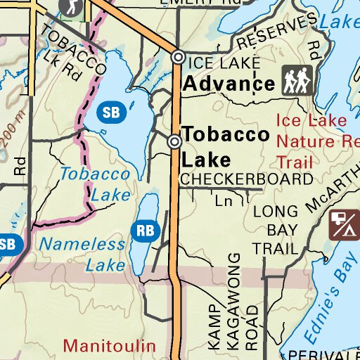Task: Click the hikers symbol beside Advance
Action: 298,82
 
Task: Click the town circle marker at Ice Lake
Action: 179,58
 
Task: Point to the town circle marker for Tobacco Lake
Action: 174,142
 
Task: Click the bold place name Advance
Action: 229,84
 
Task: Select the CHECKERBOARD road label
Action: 246,179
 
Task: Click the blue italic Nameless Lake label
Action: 82,255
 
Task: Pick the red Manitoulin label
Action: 108,345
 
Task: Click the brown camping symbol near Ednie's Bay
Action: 345,224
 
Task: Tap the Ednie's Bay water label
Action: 332,292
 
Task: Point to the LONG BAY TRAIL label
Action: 276,229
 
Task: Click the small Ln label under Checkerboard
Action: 224,202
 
